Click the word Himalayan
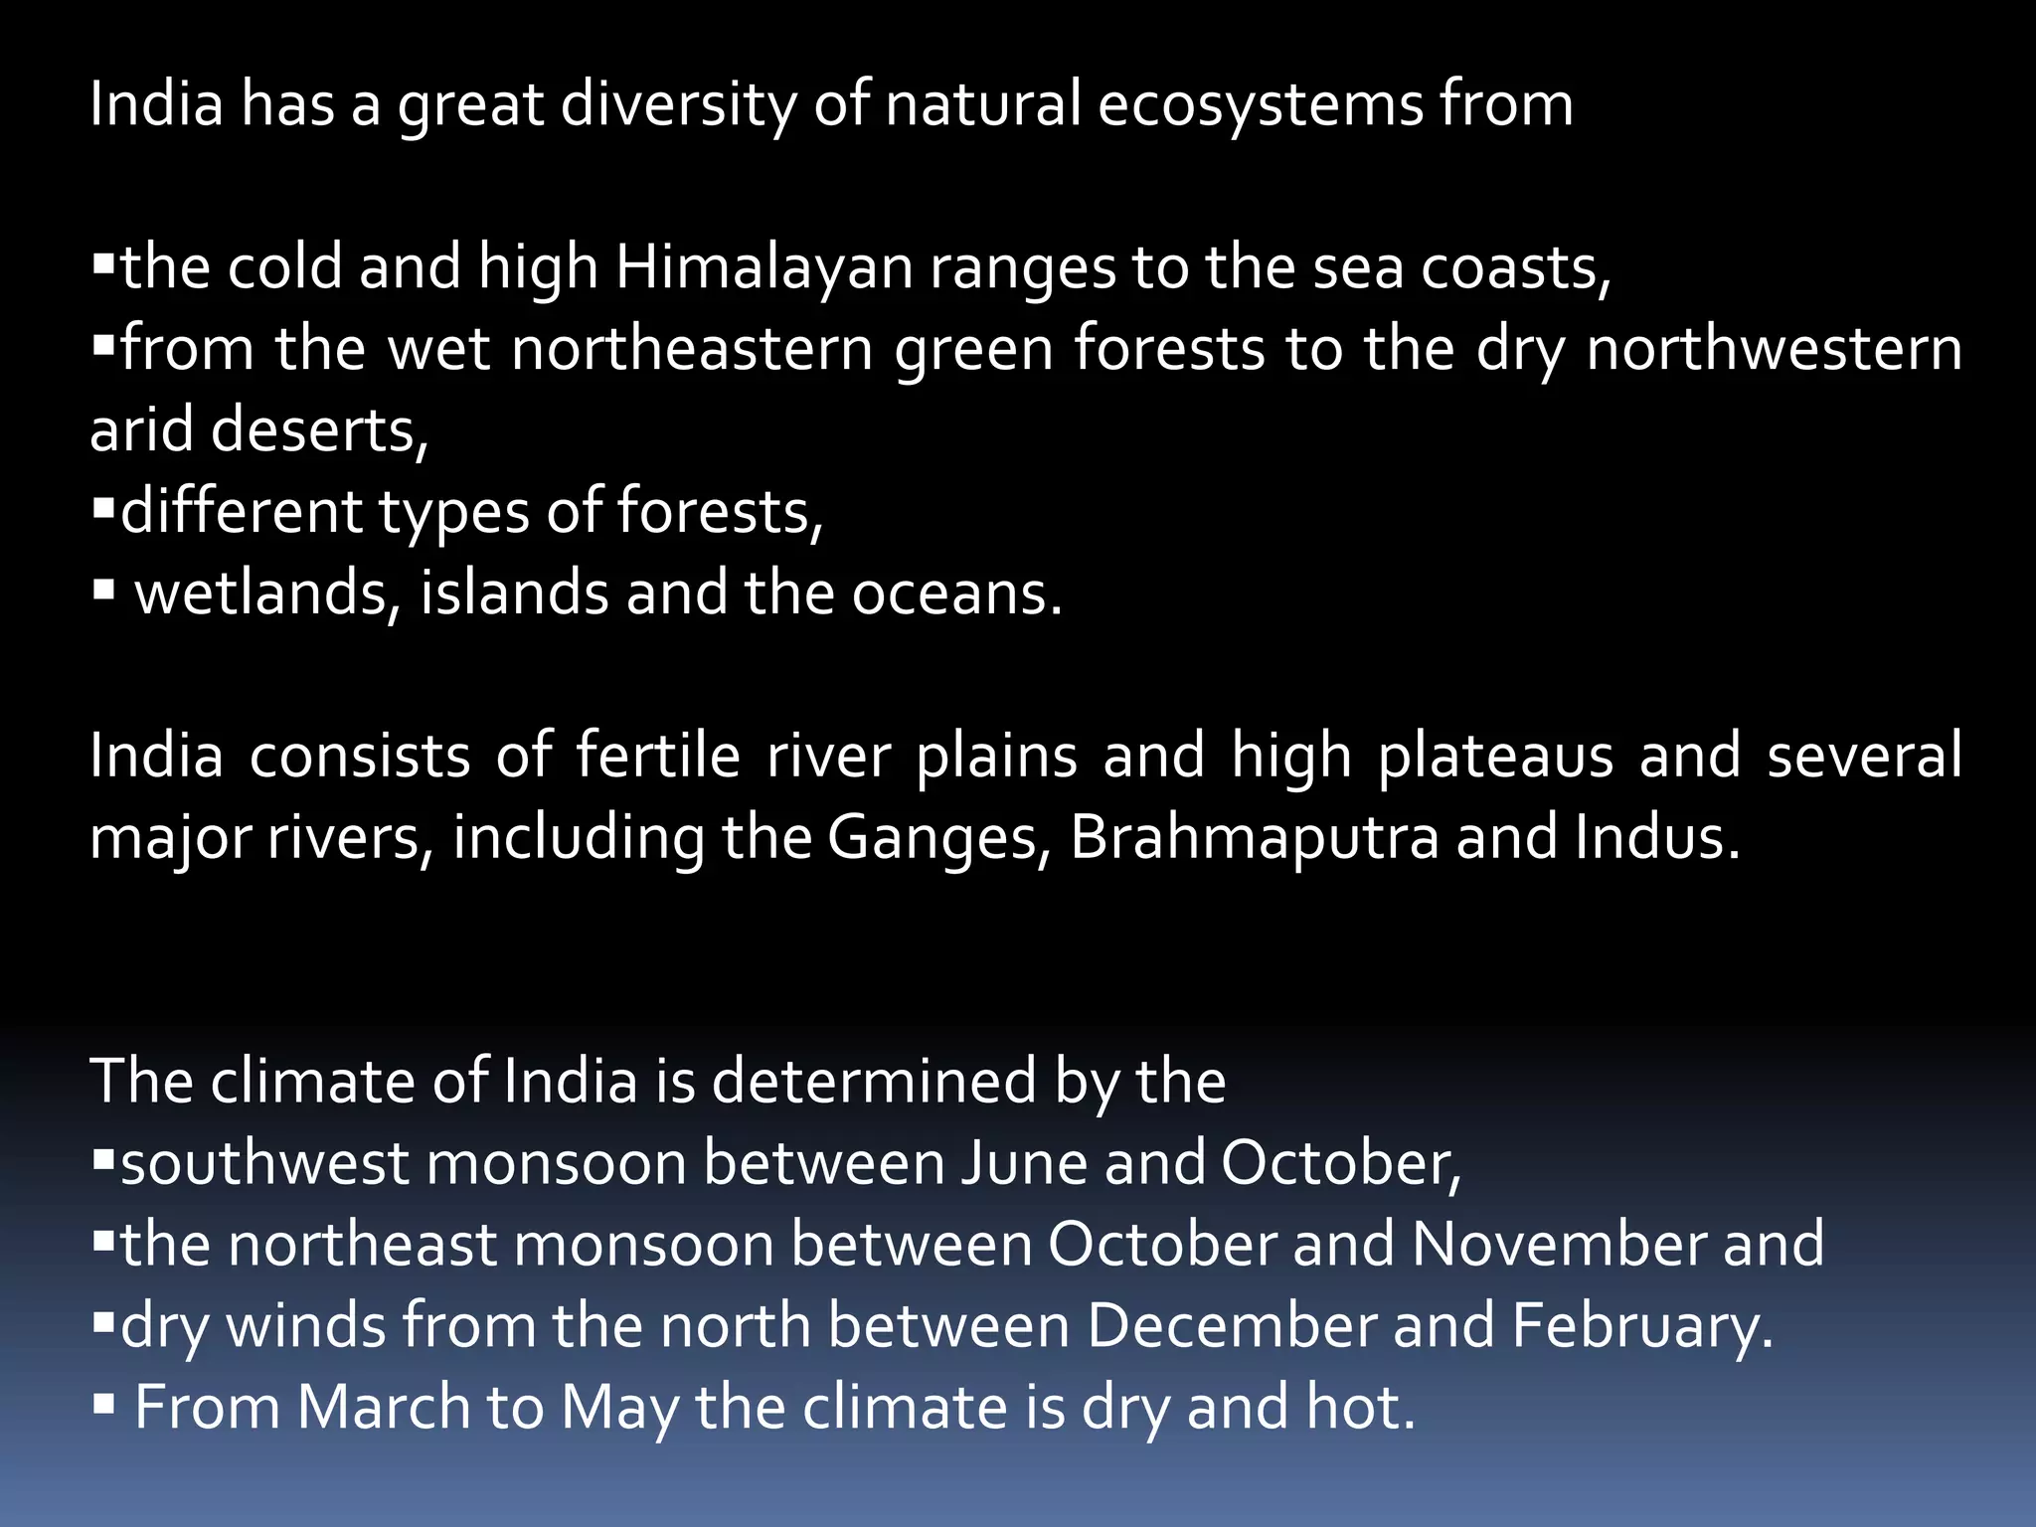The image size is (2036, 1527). (763, 268)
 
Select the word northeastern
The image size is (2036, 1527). (692, 350)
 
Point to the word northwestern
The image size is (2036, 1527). (1775, 350)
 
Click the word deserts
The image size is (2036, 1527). (319, 431)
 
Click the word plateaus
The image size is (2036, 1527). (1495, 757)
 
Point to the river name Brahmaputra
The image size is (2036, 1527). (1255, 839)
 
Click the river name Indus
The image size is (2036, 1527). (1657, 838)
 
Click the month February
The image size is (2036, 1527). (1642, 1327)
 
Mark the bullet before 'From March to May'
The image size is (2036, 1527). (103, 1405)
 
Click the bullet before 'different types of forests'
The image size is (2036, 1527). (103, 510)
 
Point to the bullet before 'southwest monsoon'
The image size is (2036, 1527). (103, 1160)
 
